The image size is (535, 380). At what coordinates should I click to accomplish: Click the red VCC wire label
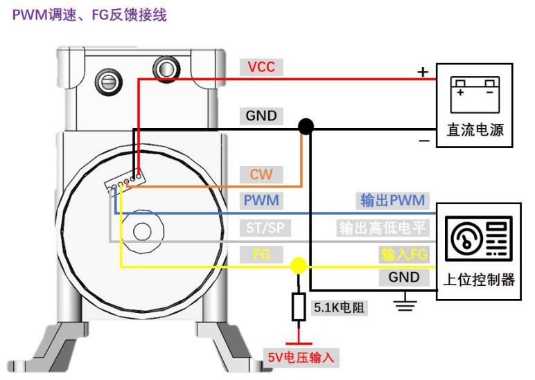pos(261,67)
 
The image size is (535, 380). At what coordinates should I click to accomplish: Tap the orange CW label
pos(261,174)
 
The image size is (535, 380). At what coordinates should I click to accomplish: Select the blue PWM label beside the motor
pos(261,201)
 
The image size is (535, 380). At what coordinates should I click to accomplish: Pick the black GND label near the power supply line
pos(261,116)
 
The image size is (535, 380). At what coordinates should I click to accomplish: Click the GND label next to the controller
pos(404,278)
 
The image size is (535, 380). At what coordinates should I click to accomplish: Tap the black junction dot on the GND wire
pos(306,126)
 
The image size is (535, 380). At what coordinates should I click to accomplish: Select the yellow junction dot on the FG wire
pos(299,265)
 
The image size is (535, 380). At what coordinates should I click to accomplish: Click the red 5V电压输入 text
pos(301,358)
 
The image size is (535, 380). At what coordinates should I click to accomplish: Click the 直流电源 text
pos(475,129)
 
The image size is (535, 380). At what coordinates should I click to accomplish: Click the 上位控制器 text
pos(479,280)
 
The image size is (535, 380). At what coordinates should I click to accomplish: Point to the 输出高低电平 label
pos(383,228)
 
